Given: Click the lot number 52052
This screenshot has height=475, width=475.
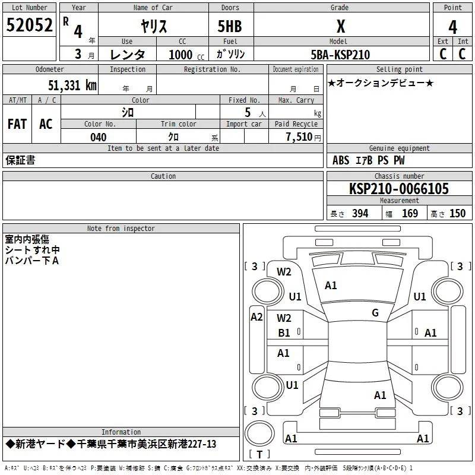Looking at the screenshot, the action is pyautogui.click(x=29, y=25).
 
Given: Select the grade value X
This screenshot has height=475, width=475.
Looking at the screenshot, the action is pyautogui.click(x=341, y=26).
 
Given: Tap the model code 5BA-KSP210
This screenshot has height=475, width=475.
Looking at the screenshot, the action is pyautogui.click(x=340, y=55).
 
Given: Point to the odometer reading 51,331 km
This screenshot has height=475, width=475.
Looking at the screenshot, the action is pyautogui.click(x=72, y=85).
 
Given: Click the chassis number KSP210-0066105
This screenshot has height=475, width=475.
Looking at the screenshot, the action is pyautogui.click(x=399, y=189).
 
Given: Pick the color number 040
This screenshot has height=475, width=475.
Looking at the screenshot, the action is pyautogui.click(x=99, y=137).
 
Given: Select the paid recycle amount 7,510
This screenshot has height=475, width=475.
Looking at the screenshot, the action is pyautogui.click(x=299, y=137).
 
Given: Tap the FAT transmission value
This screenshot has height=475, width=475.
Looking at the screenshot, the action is pyautogui.click(x=17, y=124).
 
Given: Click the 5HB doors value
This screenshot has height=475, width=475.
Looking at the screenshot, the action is pyautogui.click(x=230, y=26).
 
